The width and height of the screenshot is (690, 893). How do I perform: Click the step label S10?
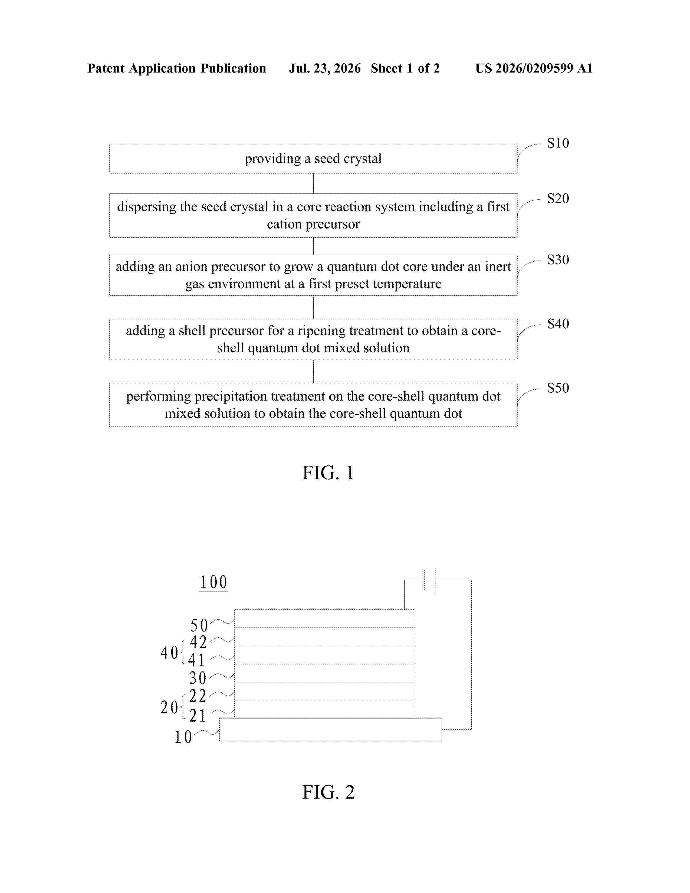click(x=558, y=143)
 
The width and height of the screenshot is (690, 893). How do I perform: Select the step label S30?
click(x=558, y=260)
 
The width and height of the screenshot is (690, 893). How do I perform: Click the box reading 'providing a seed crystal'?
click(x=313, y=159)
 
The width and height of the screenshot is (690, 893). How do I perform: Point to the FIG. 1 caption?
click(x=328, y=473)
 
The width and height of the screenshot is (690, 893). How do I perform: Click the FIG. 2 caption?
click(x=328, y=792)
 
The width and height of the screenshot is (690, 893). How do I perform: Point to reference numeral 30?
click(x=198, y=678)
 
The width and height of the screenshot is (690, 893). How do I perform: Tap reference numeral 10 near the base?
click(x=183, y=737)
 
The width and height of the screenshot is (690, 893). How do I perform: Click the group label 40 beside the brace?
click(x=169, y=653)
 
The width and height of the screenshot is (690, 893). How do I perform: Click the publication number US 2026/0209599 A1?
click(x=534, y=68)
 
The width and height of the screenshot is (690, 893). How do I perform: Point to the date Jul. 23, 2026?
click(x=325, y=68)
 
